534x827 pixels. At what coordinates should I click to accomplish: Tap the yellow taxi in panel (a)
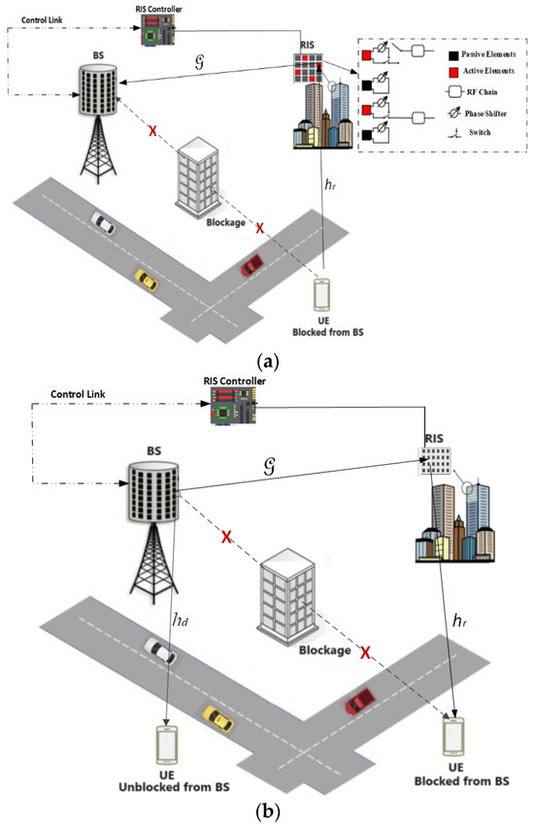147,281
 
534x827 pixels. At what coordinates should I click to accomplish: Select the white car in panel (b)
160,650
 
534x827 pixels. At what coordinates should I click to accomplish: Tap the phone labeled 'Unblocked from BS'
168,742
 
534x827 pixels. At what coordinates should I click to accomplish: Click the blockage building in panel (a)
196,175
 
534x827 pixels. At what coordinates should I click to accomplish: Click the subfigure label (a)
266,361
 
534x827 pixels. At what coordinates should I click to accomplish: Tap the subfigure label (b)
266,808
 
